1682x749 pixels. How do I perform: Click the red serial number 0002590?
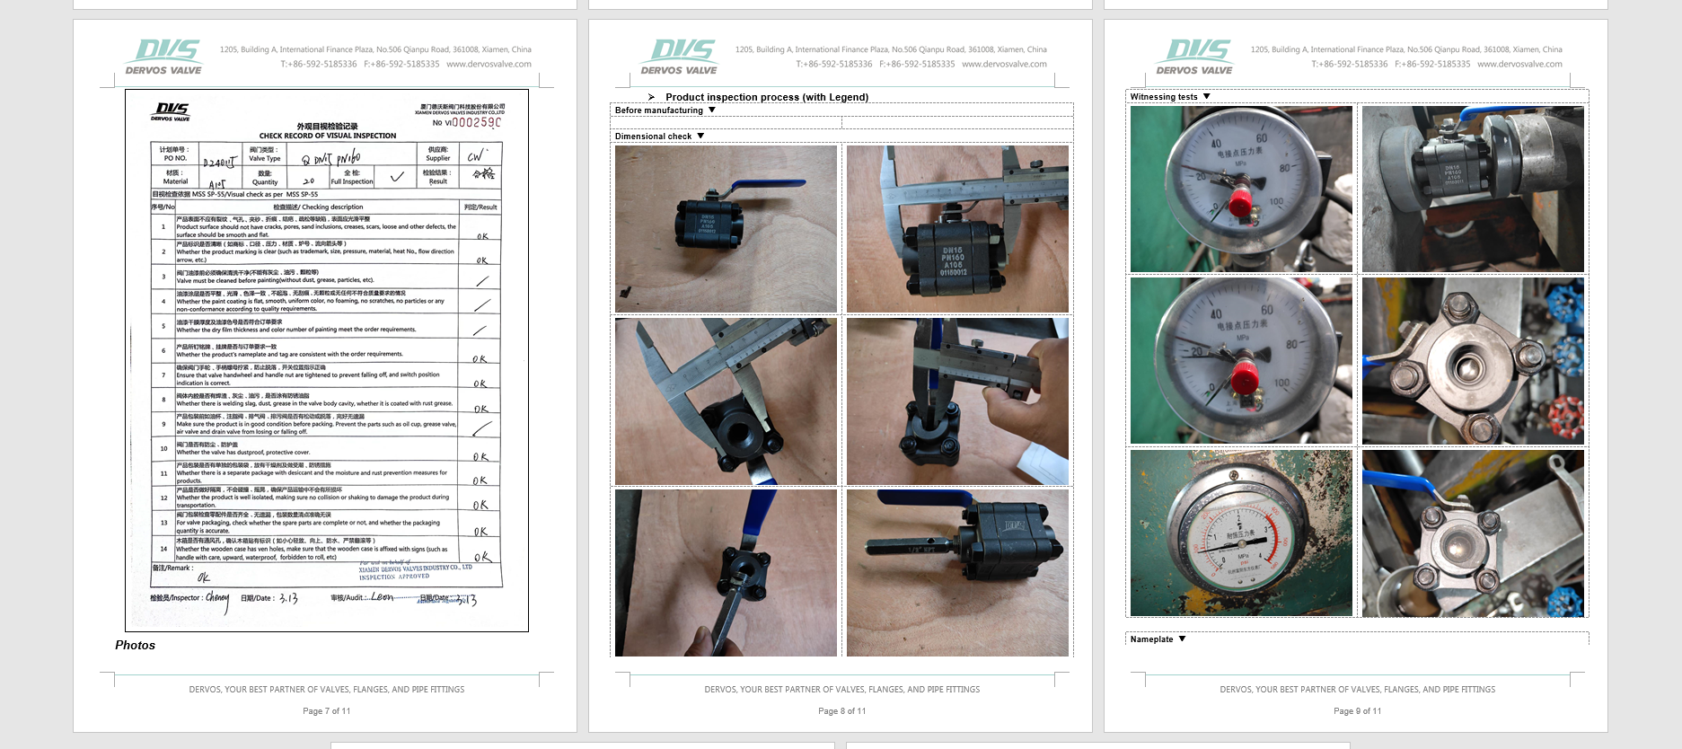(476, 122)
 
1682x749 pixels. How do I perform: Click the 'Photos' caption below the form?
(135, 645)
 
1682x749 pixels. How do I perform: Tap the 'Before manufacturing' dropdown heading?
(659, 110)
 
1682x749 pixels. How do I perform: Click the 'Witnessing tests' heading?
(1164, 97)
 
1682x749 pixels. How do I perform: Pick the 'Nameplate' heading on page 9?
(1151, 639)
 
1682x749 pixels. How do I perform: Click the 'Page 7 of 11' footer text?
(327, 710)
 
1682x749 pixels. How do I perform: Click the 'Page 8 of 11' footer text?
(842, 710)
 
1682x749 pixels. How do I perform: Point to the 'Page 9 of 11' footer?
(1358, 710)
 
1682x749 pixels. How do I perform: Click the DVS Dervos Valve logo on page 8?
(680, 57)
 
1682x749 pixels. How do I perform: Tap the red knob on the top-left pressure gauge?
(1240, 201)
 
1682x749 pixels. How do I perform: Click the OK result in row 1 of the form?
(482, 236)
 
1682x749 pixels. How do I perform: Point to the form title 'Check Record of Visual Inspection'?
(327, 136)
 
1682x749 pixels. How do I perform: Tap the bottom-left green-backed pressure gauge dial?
(1239, 534)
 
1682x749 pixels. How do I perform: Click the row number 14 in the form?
(163, 548)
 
